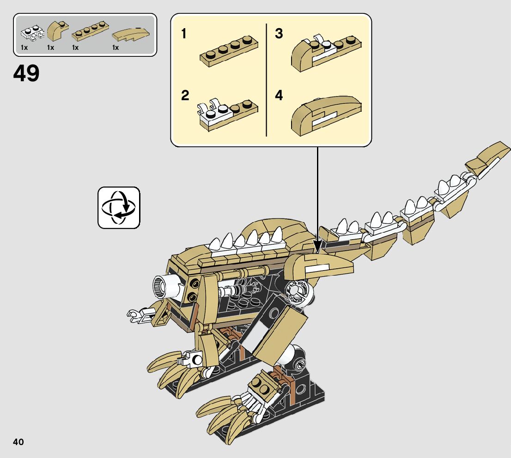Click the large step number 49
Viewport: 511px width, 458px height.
pos(27,73)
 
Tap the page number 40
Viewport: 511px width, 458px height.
pos(18,442)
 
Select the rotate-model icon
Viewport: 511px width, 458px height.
pos(119,208)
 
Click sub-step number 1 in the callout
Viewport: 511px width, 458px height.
pos(184,34)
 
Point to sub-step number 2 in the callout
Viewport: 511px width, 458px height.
pos(185,96)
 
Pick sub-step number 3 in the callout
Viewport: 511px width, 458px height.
pos(279,34)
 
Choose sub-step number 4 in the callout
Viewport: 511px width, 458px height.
pos(279,96)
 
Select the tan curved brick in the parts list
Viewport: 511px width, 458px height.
pos(57,31)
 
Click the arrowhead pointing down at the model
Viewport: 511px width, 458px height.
pos(317,244)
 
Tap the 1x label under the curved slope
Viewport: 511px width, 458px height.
pos(116,48)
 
